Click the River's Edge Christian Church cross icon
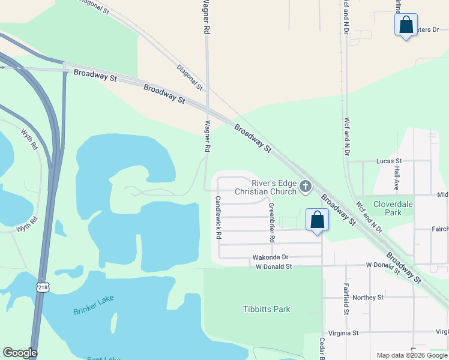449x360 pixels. coord(305,187)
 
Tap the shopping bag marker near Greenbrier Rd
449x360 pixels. coord(318,220)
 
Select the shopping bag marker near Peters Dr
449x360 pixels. coord(406,25)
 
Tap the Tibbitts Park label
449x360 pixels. coord(267,309)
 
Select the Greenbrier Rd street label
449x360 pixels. coord(271,222)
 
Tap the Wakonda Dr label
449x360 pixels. coord(271,257)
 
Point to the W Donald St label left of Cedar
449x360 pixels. coord(273,266)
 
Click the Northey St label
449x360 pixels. coord(368,297)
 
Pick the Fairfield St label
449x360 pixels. coord(346,299)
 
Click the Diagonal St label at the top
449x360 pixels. coord(93,7)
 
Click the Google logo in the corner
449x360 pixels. coord(20,353)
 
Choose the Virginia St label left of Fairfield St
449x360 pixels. coord(343,332)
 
